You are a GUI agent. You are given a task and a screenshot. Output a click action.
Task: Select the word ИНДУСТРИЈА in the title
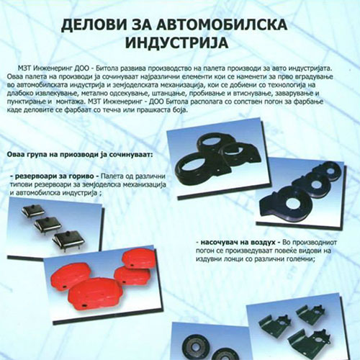click(x=181, y=43)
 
